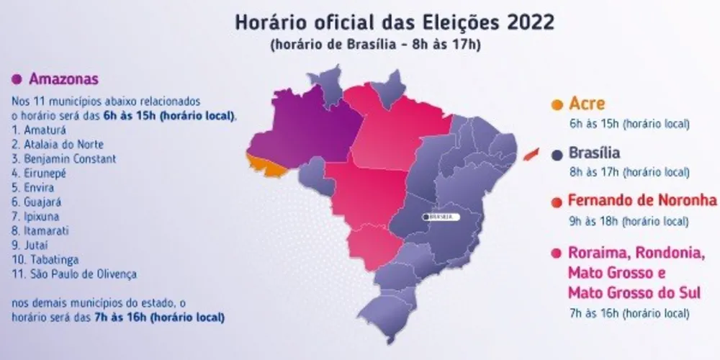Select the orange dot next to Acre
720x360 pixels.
pyautogui.click(x=557, y=105)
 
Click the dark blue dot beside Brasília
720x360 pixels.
pyautogui.click(x=557, y=154)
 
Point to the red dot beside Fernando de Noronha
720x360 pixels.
pyautogui.click(x=557, y=201)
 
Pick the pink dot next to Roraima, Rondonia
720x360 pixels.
pyautogui.click(x=557, y=253)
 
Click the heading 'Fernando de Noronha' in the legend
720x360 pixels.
pyautogui.click(x=642, y=200)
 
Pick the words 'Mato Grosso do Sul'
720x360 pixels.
pyautogui.click(x=634, y=293)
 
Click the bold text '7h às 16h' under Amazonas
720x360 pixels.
pyautogui.click(x=118, y=317)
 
